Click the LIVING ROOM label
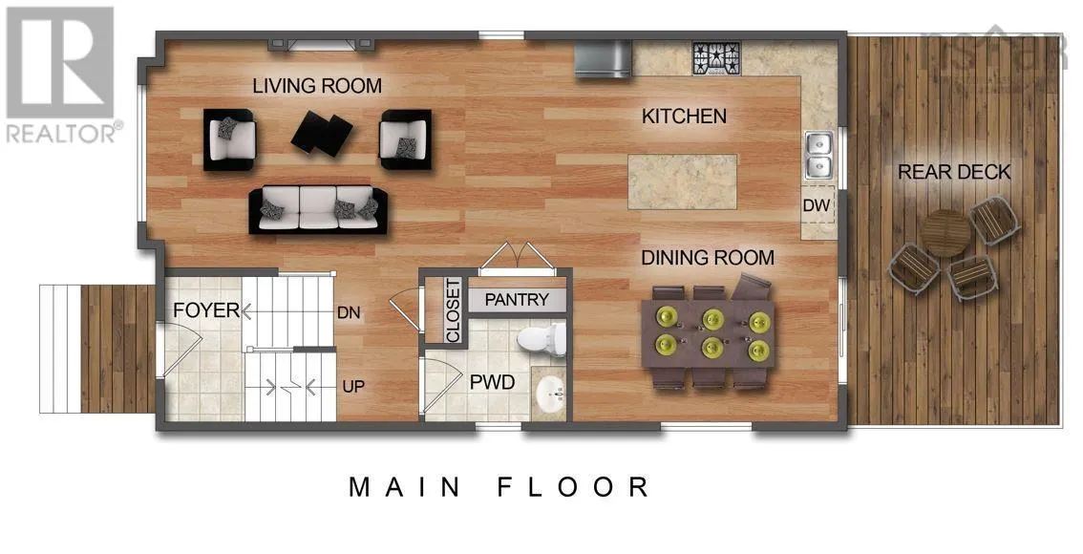coord(317,86)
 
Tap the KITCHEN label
coord(684,117)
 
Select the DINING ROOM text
coord(708,258)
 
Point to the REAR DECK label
coord(954,172)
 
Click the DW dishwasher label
coord(818,205)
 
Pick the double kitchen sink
coord(818,156)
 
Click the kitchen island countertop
coord(683,181)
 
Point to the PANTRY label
coord(517,300)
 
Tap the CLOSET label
coord(453,310)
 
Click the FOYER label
coord(205,310)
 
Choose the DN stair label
coord(348,311)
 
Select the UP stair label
coord(353,387)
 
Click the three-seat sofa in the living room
coord(318,209)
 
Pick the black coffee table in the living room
coord(322,133)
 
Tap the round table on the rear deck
coord(945,232)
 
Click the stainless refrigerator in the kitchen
coord(602,58)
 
